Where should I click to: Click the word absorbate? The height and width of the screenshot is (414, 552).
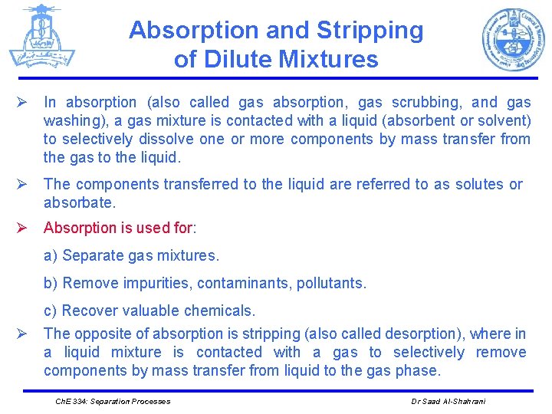(79, 202)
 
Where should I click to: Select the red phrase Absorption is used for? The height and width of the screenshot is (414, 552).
(119, 228)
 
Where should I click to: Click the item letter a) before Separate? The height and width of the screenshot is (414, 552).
(51, 255)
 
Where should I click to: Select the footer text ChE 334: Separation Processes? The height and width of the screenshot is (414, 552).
(113, 401)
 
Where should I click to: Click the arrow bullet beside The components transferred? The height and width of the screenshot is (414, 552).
(24, 184)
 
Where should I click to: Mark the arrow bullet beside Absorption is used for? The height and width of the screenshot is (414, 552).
(24, 228)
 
